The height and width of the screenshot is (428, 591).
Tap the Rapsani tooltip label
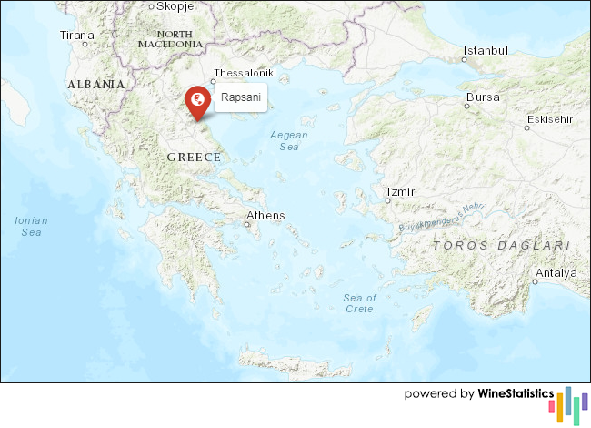pos(240,97)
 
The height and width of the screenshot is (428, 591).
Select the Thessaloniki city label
pos(244,72)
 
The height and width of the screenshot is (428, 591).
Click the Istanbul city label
pos(485,51)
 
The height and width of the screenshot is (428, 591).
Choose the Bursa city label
pos(482,97)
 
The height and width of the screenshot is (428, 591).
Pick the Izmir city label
pos(400,192)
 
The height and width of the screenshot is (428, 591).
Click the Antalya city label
pos(556,273)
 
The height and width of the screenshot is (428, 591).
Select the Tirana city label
pos(76,36)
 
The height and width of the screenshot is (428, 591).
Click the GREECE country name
pos(194,158)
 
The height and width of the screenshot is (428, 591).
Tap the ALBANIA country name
pos(95,84)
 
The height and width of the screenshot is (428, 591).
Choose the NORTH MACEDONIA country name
pos(170,38)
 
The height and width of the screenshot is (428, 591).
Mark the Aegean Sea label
pos(289,140)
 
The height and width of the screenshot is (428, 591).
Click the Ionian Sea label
pos(32,226)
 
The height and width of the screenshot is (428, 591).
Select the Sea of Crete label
pos(359,303)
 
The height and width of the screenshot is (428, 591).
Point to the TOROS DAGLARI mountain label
pos(501,246)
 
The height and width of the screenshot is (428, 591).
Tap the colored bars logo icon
pos(573,403)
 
